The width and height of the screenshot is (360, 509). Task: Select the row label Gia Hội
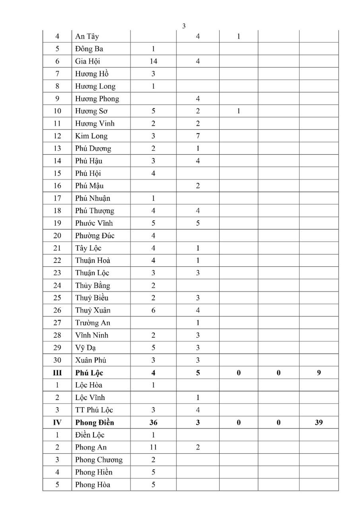coord(88,61)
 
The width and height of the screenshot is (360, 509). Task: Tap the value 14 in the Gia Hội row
coord(153,61)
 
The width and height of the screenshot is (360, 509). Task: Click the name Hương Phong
coord(97,99)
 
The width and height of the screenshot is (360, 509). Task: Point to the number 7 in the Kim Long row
coord(198,136)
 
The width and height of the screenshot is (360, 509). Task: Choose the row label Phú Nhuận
coord(93,198)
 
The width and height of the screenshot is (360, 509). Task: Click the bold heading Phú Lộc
coord(90,373)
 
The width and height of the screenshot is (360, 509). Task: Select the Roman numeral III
coord(57,373)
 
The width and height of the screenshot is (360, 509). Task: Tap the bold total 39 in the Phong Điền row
coord(319,422)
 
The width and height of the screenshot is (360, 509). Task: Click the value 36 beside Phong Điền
coord(153,422)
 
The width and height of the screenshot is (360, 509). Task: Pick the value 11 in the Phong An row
coord(153,447)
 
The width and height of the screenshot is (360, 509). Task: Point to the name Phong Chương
coord(99,459)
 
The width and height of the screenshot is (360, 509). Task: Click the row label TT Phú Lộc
coord(94,410)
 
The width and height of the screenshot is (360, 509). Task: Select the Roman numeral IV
coord(57,422)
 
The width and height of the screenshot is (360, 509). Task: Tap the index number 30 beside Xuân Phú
coord(57,360)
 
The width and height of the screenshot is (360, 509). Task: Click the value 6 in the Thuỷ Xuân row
coord(153,310)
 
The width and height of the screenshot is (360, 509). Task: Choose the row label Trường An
coord(93,323)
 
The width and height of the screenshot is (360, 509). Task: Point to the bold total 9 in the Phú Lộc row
coord(319,373)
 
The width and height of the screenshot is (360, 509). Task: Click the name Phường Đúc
coord(95,235)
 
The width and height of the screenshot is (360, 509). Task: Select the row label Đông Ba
coord(90,49)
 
